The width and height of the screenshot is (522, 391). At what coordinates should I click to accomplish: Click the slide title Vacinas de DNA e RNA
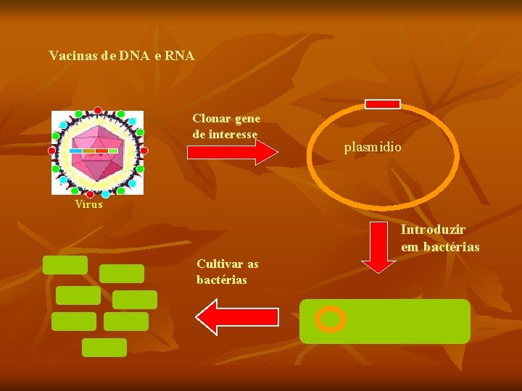point(121,55)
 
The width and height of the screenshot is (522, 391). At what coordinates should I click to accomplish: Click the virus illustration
point(98,152)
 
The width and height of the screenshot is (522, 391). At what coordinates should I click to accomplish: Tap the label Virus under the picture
point(88,204)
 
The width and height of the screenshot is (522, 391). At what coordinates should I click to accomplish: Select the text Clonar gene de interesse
point(226,125)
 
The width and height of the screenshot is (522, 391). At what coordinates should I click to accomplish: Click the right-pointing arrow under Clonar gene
point(232,152)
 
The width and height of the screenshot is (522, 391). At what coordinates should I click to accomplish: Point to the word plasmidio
point(373,147)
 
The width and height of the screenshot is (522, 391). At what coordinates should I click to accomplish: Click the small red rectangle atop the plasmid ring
point(382,104)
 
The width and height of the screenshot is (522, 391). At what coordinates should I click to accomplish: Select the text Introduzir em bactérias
point(440,238)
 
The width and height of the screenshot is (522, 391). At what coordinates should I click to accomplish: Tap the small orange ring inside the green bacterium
point(331,319)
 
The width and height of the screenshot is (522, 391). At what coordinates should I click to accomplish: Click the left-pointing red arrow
point(238,316)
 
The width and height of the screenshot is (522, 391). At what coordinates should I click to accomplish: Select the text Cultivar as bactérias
point(227,272)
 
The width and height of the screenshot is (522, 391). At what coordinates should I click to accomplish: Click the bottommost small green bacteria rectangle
point(104,348)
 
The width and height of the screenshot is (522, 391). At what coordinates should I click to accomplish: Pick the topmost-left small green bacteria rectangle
point(65,265)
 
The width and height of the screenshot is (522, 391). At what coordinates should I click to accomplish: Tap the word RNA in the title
point(179,55)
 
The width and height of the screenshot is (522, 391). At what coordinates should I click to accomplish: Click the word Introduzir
point(434,230)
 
